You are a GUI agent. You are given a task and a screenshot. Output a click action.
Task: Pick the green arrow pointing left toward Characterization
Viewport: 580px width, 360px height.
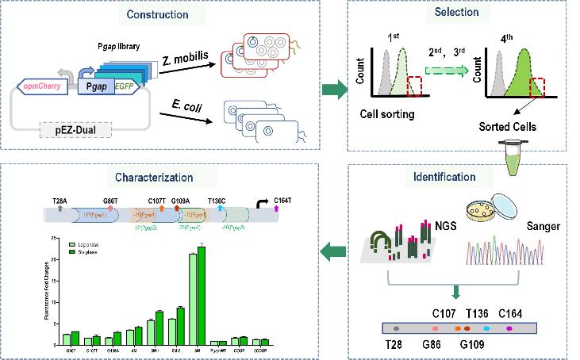click(x=333, y=252)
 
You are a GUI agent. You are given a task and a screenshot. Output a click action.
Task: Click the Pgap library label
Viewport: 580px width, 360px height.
click(x=118, y=46)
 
